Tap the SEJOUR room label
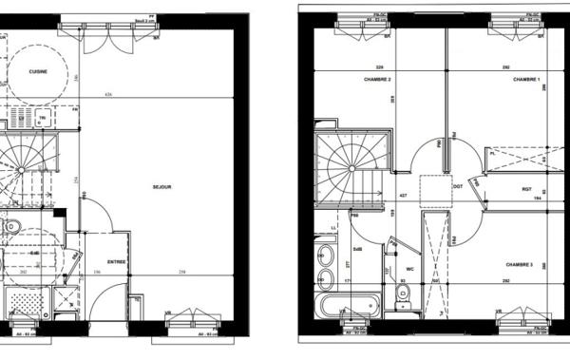(x=161, y=187)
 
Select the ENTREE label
(x=116, y=261)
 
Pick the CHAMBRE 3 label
(x=520, y=264)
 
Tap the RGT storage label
(x=525, y=189)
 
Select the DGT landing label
(x=457, y=186)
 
